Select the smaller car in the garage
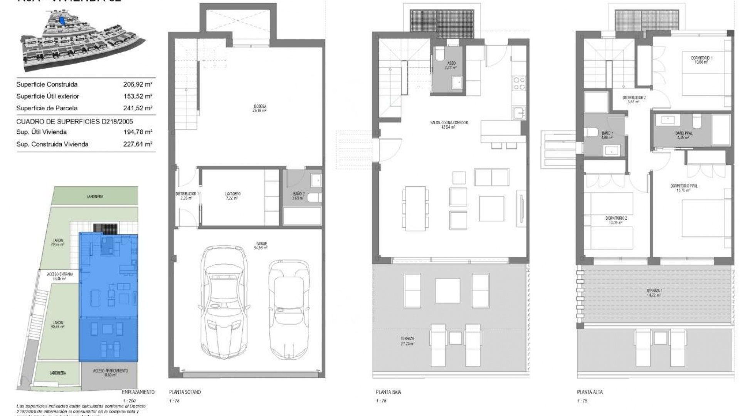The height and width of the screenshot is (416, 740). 289,308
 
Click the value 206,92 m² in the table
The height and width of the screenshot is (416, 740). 138,84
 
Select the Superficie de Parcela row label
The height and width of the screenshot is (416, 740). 47,108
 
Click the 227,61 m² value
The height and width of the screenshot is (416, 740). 138,144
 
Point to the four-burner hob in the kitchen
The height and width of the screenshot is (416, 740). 519,84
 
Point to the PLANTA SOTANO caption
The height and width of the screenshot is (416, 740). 185,392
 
